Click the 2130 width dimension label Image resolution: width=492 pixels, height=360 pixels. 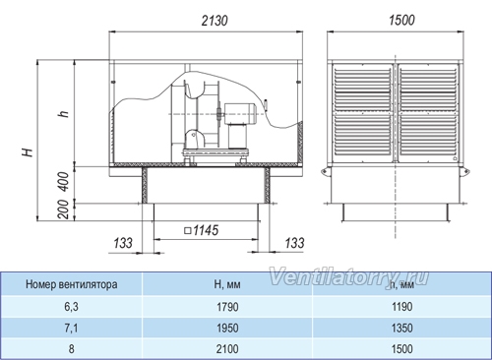pyautogui.click(x=215, y=21)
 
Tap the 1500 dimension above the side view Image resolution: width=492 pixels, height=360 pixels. pyautogui.click(x=401, y=21)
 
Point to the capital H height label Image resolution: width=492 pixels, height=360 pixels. pyautogui.click(x=28, y=152)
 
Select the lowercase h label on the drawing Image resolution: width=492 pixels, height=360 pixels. pyautogui.click(x=63, y=112)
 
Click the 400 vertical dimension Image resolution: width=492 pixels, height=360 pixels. pyautogui.click(x=64, y=182)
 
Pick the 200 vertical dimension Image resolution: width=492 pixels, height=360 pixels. pyautogui.click(x=63, y=210)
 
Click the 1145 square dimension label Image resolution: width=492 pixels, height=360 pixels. pyautogui.click(x=202, y=230)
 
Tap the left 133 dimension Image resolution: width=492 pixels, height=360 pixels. pyautogui.click(x=123, y=243)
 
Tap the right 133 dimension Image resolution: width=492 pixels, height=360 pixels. pyautogui.click(x=294, y=243)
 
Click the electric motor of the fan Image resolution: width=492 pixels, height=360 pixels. pyautogui.click(x=240, y=114)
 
